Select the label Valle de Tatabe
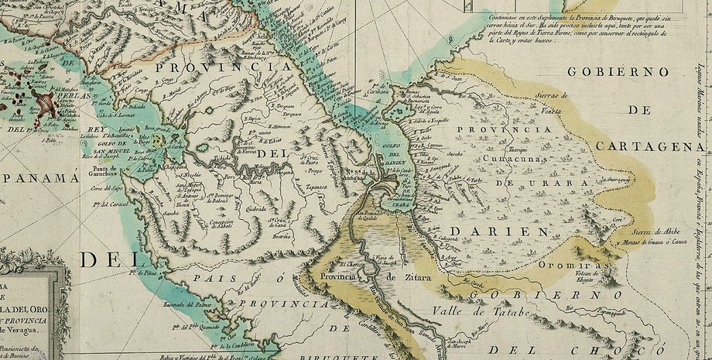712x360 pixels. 474,313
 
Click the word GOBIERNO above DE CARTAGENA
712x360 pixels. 618,72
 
